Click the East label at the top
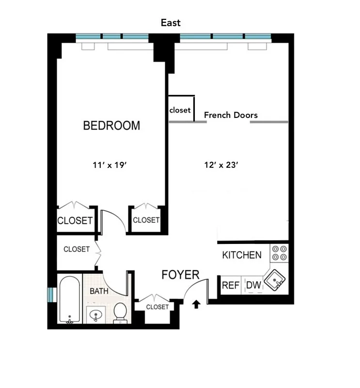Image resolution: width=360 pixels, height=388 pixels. (x=171, y=23)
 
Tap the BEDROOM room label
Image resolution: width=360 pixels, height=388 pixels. (x=111, y=126)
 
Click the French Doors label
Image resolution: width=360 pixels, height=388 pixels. (x=231, y=115)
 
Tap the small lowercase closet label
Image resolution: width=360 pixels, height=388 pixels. (x=180, y=110)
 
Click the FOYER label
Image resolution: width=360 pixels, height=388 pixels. (x=180, y=275)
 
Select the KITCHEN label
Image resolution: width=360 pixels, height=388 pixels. (x=242, y=255)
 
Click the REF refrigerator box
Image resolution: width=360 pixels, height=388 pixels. (x=231, y=285)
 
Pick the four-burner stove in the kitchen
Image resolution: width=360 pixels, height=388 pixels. (x=279, y=253)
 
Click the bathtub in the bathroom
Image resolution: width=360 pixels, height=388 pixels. (x=70, y=300)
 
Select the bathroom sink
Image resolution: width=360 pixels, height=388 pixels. (x=97, y=315)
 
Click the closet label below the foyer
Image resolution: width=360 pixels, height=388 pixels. (x=157, y=307)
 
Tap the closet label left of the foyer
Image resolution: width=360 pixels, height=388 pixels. (x=77, y=249)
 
